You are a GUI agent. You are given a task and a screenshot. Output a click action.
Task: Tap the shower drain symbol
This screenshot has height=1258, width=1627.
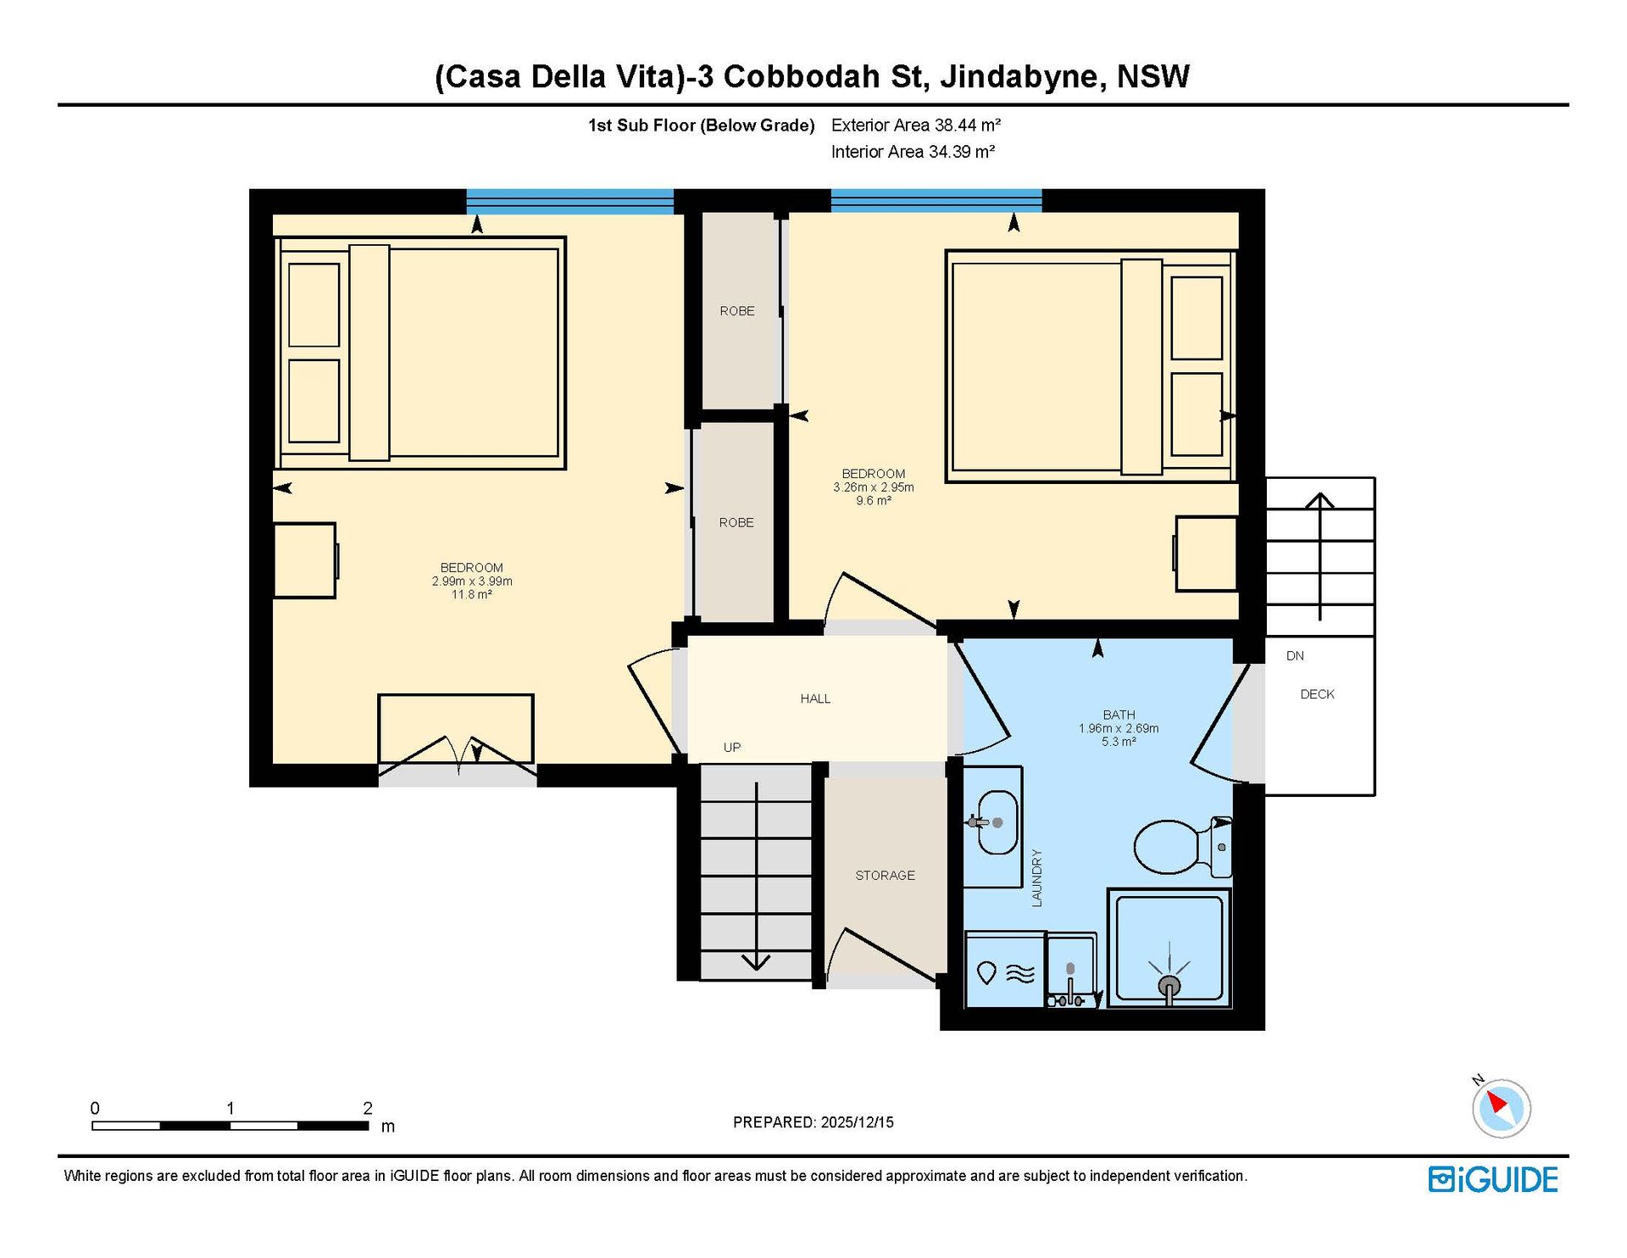click(x=1169, y=985)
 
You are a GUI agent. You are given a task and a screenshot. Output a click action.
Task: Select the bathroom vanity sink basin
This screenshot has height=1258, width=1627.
click(x=997, y=823)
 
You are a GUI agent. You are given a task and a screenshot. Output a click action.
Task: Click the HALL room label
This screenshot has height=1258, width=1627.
click(x=815, y=699)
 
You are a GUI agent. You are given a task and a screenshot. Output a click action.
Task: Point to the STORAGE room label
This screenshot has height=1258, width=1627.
click(x=885, y=875)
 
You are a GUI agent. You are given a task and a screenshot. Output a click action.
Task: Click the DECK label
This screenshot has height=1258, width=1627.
click(x=1317, y=694)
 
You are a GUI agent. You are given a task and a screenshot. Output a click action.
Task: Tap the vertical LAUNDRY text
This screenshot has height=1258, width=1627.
click(x=1036, y=878)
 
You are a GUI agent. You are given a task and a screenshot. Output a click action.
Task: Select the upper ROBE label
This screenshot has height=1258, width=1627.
click(x=737, y=311)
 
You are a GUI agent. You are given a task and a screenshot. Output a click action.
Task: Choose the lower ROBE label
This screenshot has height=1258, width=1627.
click(x=736, y=522)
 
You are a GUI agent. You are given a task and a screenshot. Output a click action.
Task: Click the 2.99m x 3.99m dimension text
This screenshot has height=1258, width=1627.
click(x=472, y=582)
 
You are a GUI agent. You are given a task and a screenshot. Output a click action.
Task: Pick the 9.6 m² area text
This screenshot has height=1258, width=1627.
click(x=874, y=501)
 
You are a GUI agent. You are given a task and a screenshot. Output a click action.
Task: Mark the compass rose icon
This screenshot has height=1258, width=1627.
click(x=1501, y=1107)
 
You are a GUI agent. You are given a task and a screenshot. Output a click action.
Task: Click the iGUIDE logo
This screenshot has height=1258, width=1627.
click(x=1493, y=1179)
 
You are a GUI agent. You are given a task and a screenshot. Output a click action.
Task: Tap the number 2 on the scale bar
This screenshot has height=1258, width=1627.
click(x=368, y=1108)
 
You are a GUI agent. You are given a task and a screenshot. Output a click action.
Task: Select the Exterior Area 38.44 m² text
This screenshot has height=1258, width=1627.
click(x=916, y=125)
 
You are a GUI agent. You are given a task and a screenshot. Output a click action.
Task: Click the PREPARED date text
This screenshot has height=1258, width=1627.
click(x=813, y=1122)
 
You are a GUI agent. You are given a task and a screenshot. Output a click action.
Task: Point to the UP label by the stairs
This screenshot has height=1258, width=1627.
click(x=732, y=748)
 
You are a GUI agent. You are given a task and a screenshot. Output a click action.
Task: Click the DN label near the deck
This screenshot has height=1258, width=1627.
click(x=1295, y=656)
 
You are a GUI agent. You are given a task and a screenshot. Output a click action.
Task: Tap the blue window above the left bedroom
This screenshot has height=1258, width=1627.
click(x=569, y=201)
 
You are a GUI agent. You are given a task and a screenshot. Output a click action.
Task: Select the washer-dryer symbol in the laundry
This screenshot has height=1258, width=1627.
click(x=1006, y=971)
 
